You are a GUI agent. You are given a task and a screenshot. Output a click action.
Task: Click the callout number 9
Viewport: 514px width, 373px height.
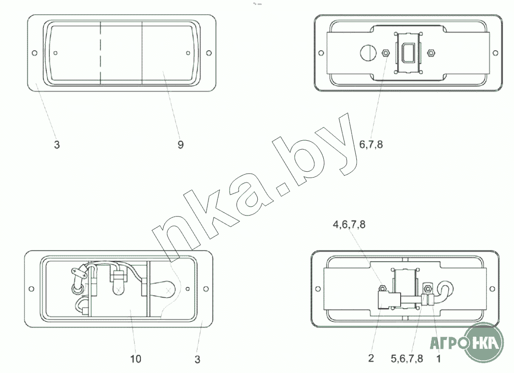point(181,145)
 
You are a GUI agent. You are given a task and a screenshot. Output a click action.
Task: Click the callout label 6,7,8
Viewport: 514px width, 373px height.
point(371,144)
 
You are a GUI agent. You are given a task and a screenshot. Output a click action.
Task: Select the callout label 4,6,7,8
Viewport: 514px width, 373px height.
point(349,224)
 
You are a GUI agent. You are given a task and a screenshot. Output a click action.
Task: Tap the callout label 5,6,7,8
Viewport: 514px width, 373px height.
point(407,359)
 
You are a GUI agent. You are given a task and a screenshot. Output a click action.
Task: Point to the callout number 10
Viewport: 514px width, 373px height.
point(136,359)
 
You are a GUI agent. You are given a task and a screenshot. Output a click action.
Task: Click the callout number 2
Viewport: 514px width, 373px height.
point(371,358)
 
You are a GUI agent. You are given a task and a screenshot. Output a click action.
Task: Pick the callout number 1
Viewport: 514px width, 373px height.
point(439,359)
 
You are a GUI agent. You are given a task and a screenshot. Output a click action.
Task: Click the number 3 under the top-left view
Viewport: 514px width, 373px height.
point(57,145)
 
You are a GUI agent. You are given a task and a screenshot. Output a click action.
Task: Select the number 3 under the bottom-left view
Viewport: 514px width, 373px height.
point(197,360)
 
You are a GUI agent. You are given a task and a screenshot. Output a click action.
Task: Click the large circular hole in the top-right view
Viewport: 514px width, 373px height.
point(368,53)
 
